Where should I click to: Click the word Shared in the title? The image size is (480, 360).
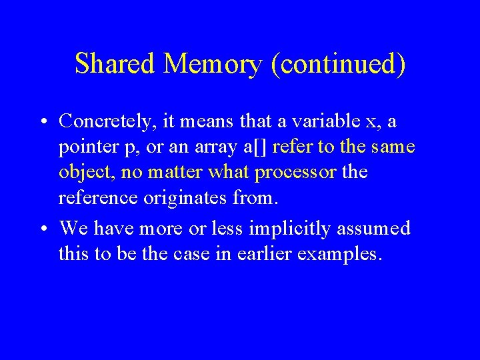click(114, 64)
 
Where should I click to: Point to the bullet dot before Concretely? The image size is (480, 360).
click(42, 123)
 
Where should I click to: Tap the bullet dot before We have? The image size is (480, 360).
click(42, 229)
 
